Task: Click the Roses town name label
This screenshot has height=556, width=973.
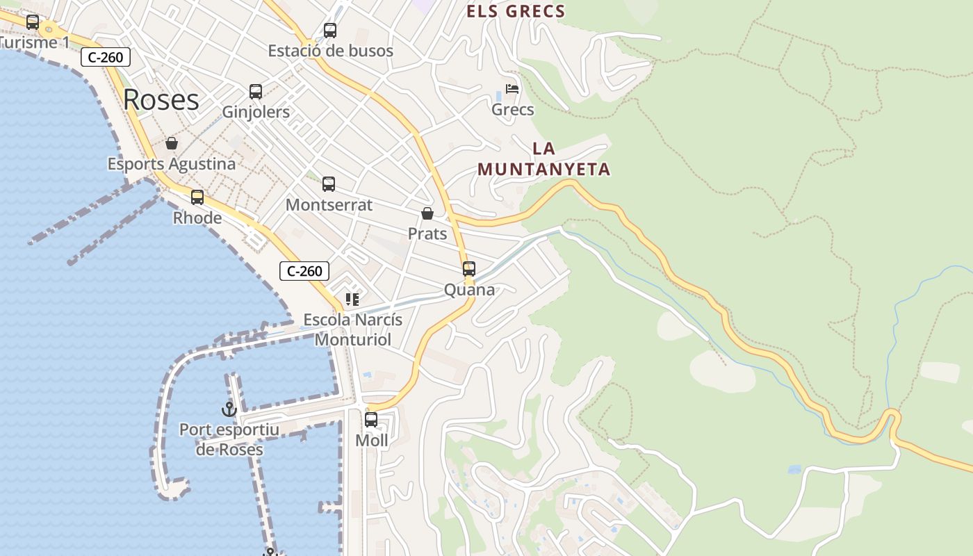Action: click(x=161, y=100)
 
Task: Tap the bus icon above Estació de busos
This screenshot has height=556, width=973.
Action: click(x=330, y=31)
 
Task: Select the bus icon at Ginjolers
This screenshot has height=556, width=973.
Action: click(x=256, y=92)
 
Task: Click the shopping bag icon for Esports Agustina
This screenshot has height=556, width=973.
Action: click(x=172, y=144)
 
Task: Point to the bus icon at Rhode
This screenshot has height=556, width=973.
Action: click(x=197, y=197)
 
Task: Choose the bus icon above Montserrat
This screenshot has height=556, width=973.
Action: click(x=329, y=184)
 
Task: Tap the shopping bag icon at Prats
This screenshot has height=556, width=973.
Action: click(x=427, y=213)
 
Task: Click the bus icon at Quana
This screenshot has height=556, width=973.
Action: click(x=469, y=269)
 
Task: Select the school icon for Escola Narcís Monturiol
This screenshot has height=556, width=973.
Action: click(x=352, y=300)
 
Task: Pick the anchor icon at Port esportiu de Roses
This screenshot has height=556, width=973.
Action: click(x=229, y=409)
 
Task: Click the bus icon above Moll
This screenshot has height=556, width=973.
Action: click(x=371, y=420)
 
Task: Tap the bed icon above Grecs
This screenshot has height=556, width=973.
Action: click(x=512, y=89)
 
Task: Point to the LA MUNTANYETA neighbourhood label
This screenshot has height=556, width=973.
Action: click(x=543, y=158)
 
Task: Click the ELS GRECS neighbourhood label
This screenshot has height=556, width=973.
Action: click(x=516, y=11)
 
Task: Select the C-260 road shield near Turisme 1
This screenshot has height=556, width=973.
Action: click(x=106, y=57)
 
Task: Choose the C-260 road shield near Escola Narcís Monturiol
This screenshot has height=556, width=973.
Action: click(x=304, y=271)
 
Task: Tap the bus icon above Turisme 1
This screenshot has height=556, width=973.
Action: click(x=33, y=22)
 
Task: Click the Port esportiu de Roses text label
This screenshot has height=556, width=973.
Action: click(x=229, y=439)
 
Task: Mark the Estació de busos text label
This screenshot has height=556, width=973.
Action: click(x=331, y=51)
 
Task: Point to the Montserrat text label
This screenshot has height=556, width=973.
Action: click(x=329, y=205)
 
